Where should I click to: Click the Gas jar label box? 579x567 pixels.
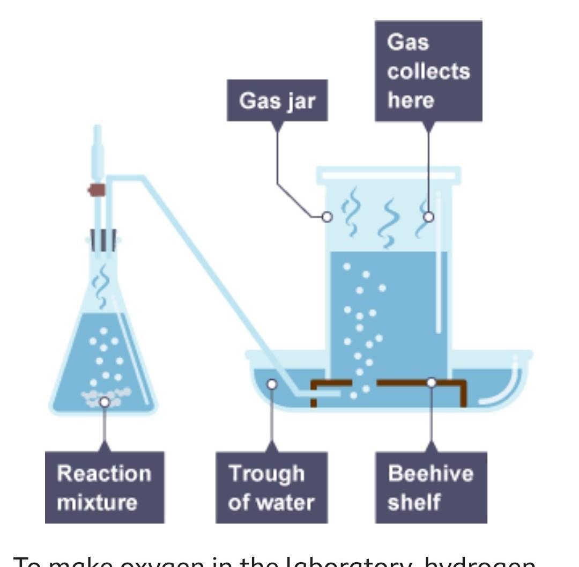click(277, 100)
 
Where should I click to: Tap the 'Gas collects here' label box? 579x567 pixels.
click(428, 71)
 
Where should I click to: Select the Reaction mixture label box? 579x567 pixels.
click(105, 487)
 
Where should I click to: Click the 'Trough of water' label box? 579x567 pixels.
click(271, 487)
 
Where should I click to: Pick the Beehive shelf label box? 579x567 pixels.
click(431, 487)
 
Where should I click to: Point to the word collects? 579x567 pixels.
click(428, 71)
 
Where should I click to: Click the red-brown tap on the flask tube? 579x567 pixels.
click(97, 190)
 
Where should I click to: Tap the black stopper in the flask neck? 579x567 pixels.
click(103, 241)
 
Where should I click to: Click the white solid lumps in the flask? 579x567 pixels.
click(105, 395)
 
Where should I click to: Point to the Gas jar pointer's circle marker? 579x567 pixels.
click(326, 217)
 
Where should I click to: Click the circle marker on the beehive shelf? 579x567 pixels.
click(431, 382)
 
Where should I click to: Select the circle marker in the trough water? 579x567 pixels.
click(272, 384)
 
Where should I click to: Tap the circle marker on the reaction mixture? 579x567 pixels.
click(105, 402)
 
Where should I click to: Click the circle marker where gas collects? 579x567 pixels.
click(428, 217)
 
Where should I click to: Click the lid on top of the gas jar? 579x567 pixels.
click(388, 174)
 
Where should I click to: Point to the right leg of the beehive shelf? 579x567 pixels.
click(463, 394)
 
